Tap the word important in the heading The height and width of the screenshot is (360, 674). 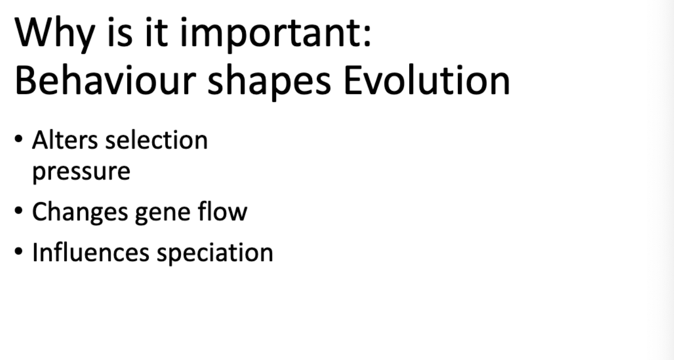(x=271, y=34)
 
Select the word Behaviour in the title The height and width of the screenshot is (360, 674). (x=105, y=80)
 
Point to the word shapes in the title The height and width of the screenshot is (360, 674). (x=269, y=82)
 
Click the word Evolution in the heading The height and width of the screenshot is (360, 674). (x=427, y=80)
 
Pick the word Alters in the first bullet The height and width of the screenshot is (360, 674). (x=65, y=140)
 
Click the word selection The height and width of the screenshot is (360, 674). (x=157, y=140)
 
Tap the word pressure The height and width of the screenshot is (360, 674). (x=81, y=172)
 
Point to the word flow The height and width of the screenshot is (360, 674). (x=223, y=212)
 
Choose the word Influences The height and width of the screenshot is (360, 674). (x=90, y=252)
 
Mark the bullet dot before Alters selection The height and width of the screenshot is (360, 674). (x=19, y=139)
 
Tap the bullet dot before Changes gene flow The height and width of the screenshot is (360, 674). (x=19, y=211)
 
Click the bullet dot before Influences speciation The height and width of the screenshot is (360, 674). (x=19, y=251)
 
